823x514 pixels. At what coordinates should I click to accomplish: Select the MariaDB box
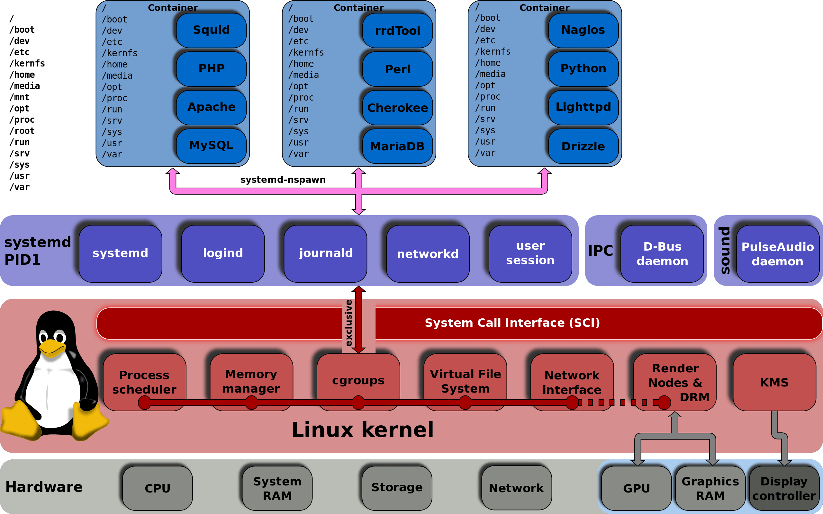[x=397, y=146]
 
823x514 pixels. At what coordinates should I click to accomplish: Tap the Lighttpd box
[x=583, y=107]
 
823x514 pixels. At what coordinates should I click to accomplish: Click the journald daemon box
[x=325, y=253]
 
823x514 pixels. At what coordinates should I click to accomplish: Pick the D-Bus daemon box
[x=662, y=253]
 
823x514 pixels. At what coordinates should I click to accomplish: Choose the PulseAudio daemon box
[x=777, y=253]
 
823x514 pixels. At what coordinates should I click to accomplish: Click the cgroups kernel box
[x=358, y=380]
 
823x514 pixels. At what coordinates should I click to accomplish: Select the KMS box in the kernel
[x=774, y=382]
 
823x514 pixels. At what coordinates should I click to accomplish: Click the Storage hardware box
[x=397, y=487]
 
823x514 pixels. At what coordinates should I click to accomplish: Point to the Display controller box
[x=784, y=488]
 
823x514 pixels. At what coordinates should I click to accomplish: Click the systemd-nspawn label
[x=283, y=180]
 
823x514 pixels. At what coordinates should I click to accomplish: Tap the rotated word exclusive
[x=348, y=323]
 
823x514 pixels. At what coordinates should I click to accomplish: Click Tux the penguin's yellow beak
[x=52, y=347]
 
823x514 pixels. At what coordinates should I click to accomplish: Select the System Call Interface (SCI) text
[x=512, y=323]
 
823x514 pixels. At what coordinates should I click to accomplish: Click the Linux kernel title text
[x=363, y=430]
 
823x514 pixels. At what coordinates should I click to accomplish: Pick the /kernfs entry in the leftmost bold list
[x=27, y=64]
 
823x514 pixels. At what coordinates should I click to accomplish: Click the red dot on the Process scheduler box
[x=145, y=403]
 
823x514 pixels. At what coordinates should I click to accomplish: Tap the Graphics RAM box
[x=710, y=488]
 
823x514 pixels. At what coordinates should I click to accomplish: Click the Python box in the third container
[x=583, y=69]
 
